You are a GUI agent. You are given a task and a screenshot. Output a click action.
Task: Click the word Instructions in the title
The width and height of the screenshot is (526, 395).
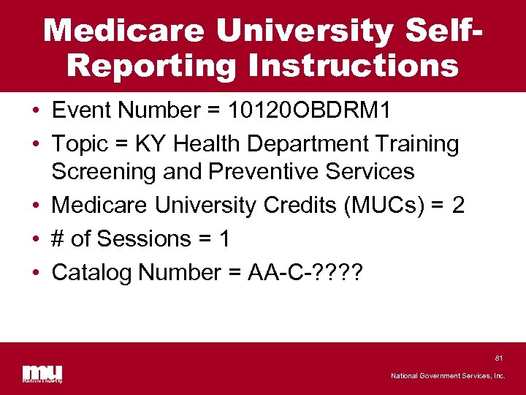[354, 65]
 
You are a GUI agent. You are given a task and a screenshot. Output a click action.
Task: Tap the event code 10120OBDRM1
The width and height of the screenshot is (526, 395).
[310, 110]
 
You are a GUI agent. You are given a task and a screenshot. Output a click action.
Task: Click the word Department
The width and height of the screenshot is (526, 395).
[316, 144]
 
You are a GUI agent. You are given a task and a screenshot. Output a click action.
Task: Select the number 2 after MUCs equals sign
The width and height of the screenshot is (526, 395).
[458, 206]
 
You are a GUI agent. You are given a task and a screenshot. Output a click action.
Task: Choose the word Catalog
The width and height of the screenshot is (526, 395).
[93, 273]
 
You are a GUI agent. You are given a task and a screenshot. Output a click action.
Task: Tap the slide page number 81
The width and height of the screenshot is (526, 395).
[499, 358]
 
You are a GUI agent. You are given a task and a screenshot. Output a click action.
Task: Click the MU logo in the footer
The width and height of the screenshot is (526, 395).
[42, 373]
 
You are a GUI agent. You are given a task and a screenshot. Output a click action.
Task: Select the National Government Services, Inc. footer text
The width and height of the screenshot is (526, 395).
[448, 376]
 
